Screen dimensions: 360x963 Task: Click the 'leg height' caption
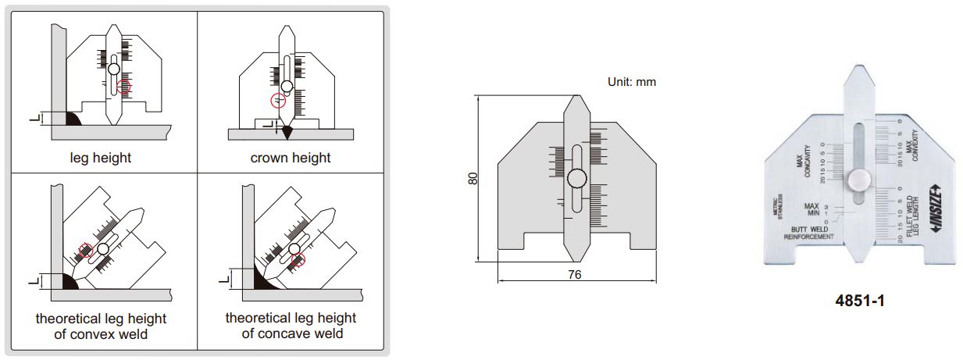pyautogui.click(x=101, y=158)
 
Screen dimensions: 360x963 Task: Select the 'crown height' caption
pyautogui.click(x=291, y=158)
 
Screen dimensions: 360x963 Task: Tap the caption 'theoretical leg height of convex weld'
pyautogui.click(x=101, y=326)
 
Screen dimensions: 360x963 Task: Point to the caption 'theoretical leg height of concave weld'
pyautogui.click(x=291, y=326)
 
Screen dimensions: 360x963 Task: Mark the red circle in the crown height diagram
pyautogui.click(x=278, y=101)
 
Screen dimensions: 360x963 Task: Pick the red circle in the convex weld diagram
pyautogui.click(x=86, y=250)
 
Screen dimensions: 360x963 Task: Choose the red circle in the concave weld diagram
pyautogui.click(x=298, y=259)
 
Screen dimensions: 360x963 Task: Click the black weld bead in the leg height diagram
pyautogui.click(x=73, y=119)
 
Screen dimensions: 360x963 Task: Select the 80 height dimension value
pyautogui.click(x=473, y=178)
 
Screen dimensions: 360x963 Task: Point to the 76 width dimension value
pyautogui.click(x=574, y=275)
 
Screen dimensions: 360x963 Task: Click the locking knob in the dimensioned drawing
pyautogui.click(x=576, y=179)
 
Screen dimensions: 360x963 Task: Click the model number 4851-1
pyautogui.click(x=859, y=301)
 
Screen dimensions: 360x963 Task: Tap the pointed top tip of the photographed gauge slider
pyautogui.click(x=858, y=71)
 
